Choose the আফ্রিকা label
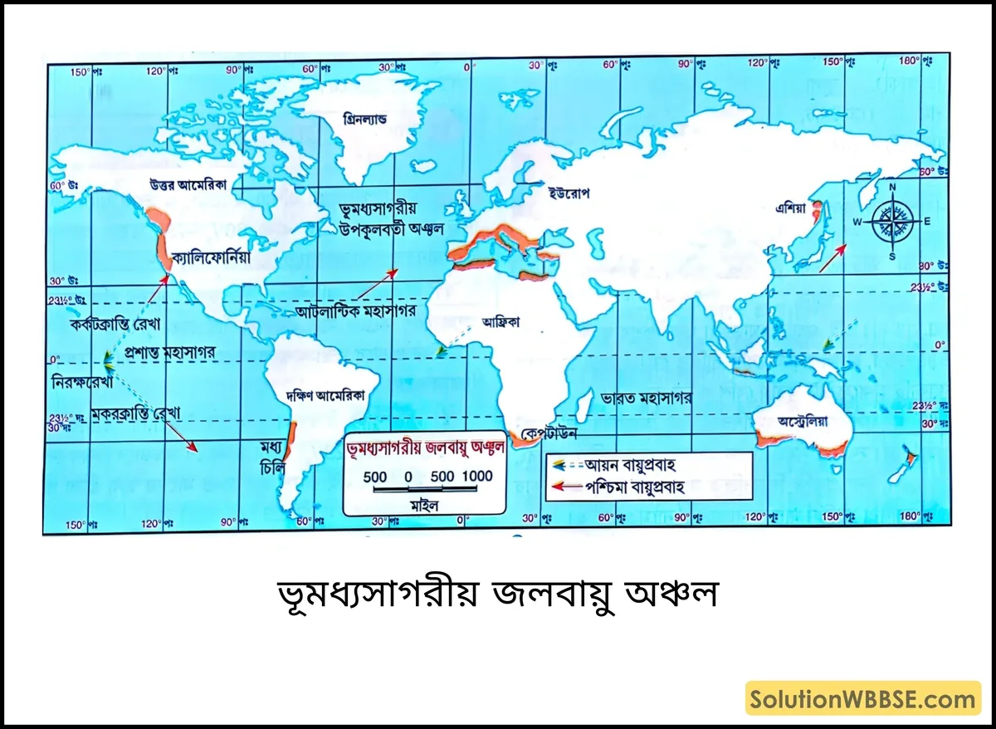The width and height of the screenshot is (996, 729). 500,322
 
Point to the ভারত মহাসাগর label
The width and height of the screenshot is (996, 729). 647,398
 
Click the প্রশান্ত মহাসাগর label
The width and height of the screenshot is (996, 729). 169,352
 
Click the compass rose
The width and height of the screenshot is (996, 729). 892,220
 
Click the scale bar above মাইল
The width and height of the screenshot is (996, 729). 427,491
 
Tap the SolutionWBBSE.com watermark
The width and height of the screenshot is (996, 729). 863,699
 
